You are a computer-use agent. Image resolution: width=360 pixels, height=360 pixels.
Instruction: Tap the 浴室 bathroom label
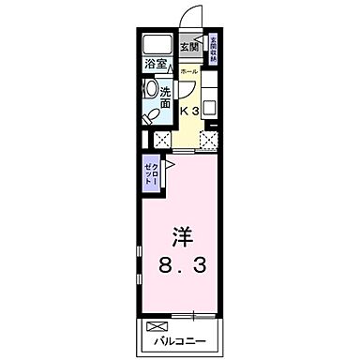click(x=156, y=66)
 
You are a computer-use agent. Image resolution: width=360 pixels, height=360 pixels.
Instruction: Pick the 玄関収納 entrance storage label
click(x=213, y=49)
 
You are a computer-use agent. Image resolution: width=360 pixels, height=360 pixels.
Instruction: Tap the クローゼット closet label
click(x=151, y=173)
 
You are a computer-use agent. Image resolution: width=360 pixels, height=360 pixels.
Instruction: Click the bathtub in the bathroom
click(x=157, y=44)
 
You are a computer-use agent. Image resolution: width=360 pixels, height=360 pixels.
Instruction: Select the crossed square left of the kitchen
click(x=160, y=141)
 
